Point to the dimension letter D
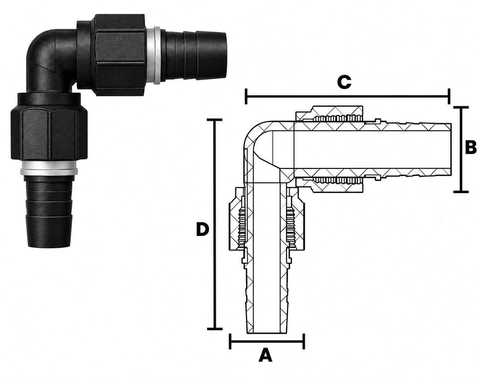click(x=203, y=229)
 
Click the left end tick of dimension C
click(x=246, y=96)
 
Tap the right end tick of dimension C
click(x=449, y=96)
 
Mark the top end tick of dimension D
click(x=215, y=120)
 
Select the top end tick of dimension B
click(x=461, y=107)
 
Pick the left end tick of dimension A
click(x=230, y=347)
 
